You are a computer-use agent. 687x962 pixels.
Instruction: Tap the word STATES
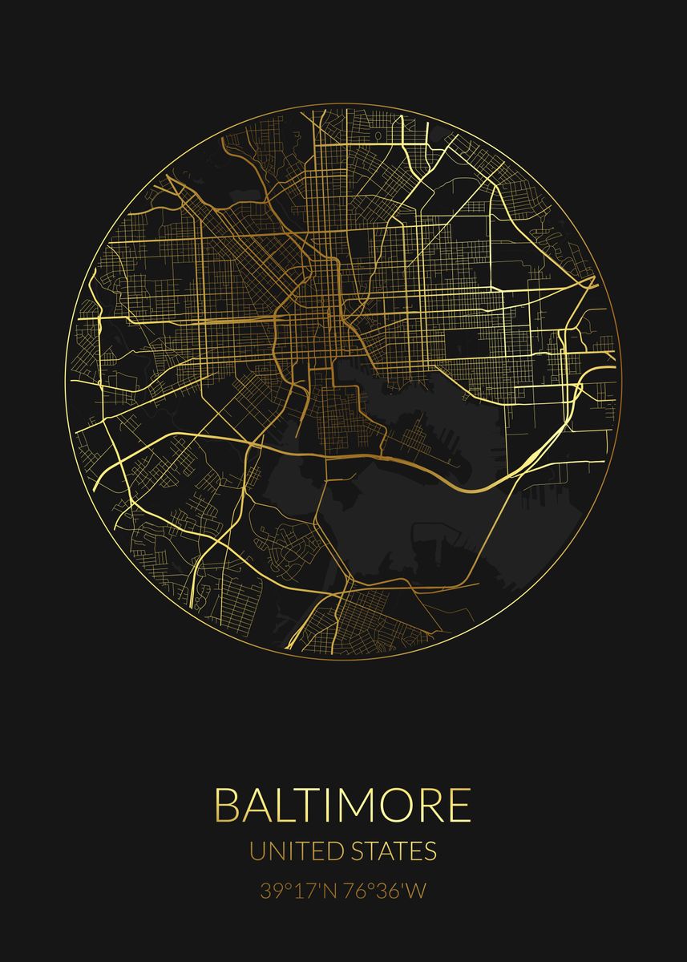pyautogui.click(x=393, y=851)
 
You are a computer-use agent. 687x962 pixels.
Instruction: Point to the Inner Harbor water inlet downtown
pyautogui.click(x=353, y=370)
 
